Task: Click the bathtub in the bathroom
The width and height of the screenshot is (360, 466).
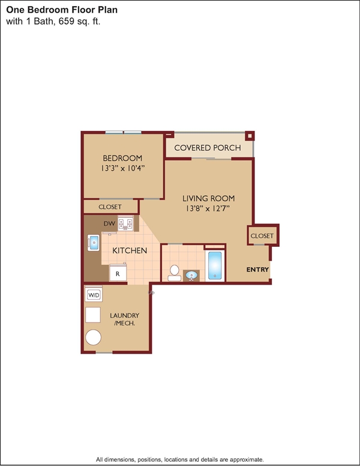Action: point(215,265)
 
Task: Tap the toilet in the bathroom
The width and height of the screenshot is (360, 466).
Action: point(175,273)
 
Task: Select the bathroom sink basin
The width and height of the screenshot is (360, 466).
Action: point(191,275)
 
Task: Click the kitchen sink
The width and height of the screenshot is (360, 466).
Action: point(94,243)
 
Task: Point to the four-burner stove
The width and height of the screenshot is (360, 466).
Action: point(125,224)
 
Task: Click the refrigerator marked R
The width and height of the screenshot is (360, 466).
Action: point(118,273)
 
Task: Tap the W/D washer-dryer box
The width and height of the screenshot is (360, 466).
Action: point(94,294)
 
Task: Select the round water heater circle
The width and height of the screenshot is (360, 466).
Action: point(93,337)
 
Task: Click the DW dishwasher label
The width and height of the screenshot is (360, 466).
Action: point(109,223)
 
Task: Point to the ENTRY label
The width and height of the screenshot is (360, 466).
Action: point(257,270)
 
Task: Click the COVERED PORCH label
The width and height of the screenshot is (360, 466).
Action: point(208,148)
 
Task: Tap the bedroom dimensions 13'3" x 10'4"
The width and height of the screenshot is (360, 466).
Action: point(122,168)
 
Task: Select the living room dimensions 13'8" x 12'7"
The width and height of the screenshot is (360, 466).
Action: point(208,208)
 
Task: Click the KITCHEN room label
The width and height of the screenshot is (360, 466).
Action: point(130,250)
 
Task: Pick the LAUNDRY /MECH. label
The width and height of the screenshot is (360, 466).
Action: point(124,319)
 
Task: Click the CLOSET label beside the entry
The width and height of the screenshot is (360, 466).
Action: point(262,235)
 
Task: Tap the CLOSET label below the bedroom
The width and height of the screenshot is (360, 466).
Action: point(110,207)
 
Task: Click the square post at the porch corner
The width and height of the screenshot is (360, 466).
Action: point(250,136)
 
